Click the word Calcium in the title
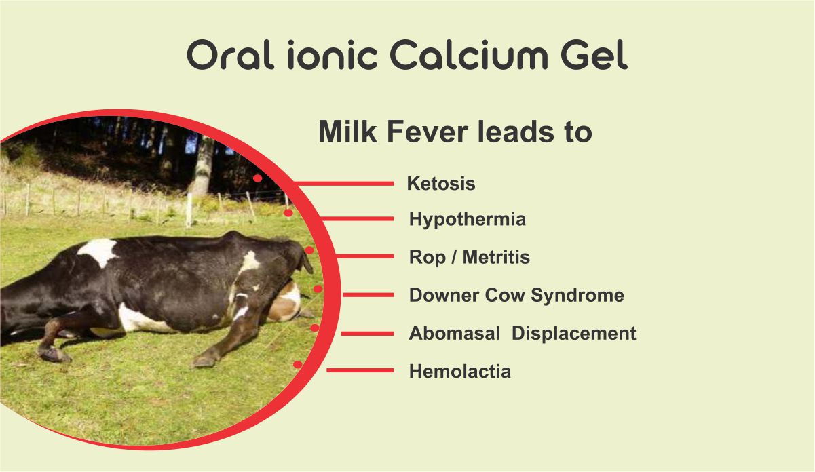pos(469,55)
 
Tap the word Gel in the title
pos(594,55)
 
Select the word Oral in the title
pos(230,55)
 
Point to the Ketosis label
pos(441,183)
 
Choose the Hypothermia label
pos(468,219)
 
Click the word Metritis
pos(496,257)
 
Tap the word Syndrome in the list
pos(577,295)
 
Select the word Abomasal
pos(455,333)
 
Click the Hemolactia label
pos(460,371)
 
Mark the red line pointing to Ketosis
pos(344,184)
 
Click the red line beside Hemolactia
pos(360,370)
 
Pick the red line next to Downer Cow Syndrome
pos(368,294)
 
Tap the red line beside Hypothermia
pos(358,218)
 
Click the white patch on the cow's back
pos(98,251)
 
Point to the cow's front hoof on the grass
pos(204,360)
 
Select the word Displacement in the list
pos(574,333)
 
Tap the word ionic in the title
pos(333,55)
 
